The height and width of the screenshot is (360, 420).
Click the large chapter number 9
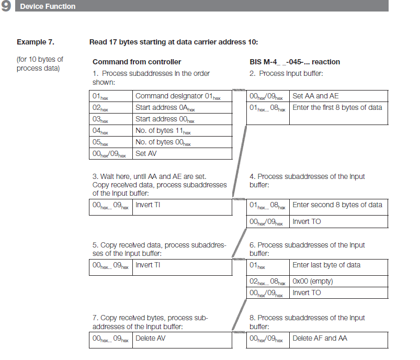[7, 6]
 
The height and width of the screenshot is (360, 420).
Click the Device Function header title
[48, 6]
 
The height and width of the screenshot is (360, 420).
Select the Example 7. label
[36, 42]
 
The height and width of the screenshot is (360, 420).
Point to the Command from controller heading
[137, 62]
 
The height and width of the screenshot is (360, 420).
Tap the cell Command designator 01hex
[178, 96]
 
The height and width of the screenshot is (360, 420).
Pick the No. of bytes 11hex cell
[163, 131]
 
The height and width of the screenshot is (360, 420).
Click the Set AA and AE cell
[316, 96]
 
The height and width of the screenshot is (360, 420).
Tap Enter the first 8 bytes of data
[337, 108]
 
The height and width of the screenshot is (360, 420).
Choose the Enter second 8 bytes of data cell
[337, 205]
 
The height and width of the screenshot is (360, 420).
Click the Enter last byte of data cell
[327, 265]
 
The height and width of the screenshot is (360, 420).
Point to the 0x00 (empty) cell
[313, 282]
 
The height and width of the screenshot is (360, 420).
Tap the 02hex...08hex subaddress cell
[268, 282]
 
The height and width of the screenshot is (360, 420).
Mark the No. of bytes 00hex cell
[163, 142]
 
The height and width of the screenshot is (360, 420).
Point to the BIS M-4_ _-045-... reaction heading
[295, 62]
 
